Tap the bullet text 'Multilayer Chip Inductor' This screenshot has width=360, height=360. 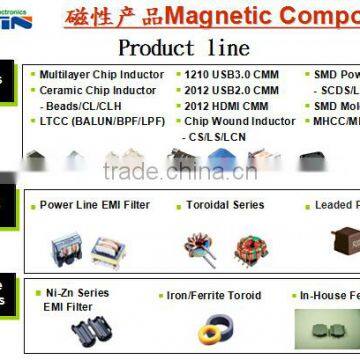tap(101, 74)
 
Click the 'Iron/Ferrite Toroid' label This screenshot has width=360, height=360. tap(215, 267)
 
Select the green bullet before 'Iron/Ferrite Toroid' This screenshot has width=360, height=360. tap(160, 267)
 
